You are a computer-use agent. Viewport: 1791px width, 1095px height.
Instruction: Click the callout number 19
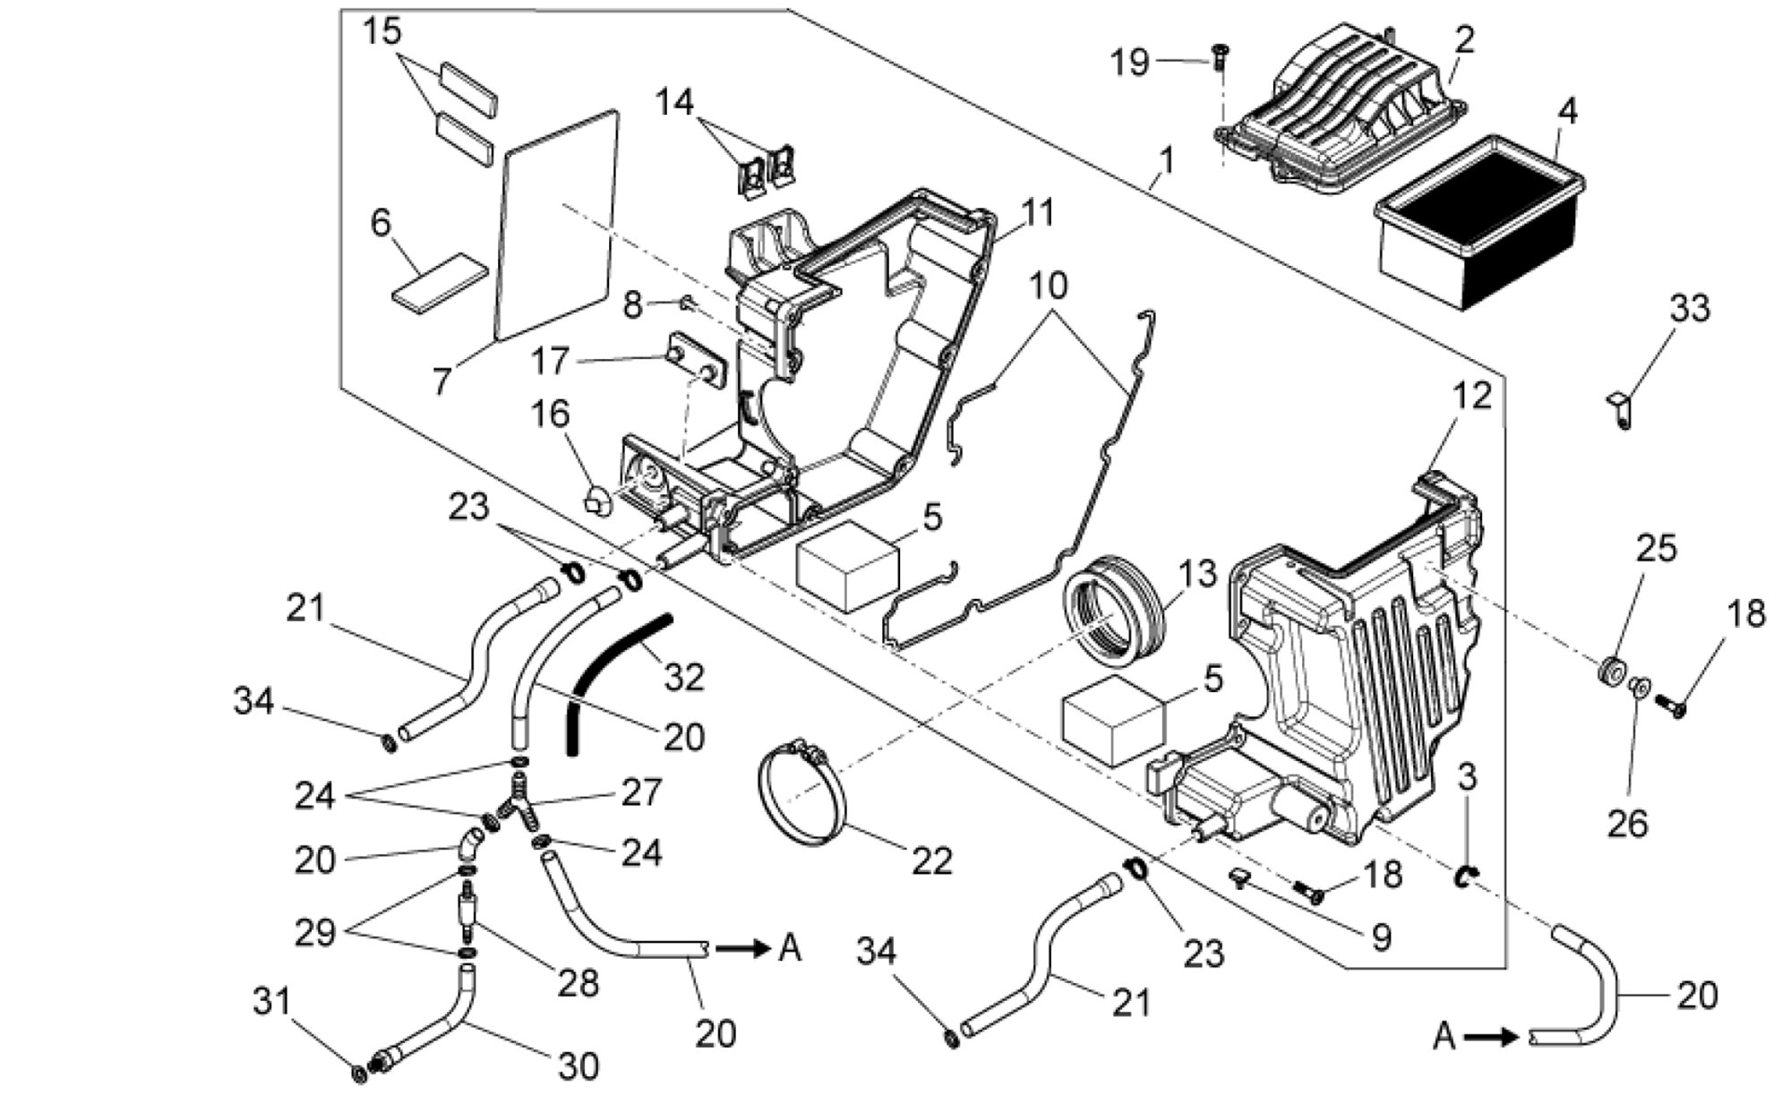(x=1130, y=62)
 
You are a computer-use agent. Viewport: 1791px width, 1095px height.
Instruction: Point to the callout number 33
(x=1689, y=308)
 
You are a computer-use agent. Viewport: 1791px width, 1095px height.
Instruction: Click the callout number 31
(x=272, y=1000)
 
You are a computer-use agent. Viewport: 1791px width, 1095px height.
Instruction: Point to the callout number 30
(x=578, y=1065)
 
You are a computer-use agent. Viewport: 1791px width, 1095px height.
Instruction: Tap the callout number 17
(x=550, y=361)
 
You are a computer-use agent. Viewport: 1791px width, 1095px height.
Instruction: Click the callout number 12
(x=1472, y=396)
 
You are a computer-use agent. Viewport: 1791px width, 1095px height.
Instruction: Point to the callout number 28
(x=578, y=983)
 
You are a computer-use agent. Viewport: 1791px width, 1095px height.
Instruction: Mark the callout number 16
(x=550, y=414)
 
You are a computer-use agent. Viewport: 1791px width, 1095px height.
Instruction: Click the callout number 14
(x=674, y=102)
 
